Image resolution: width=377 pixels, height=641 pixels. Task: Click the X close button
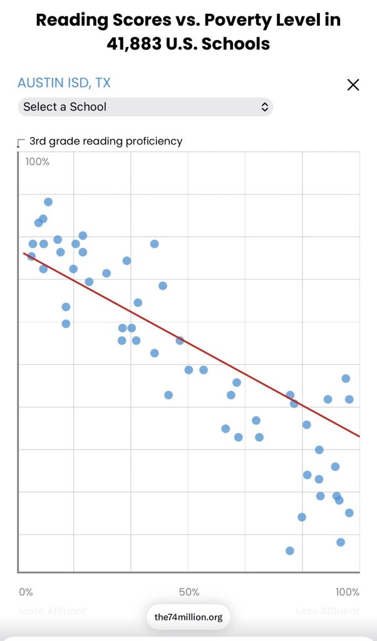click(x=353, y=85)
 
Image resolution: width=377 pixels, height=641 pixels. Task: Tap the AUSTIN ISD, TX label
click(x=64, y=83)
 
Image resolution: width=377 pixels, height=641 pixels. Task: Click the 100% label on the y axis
click(x=37, y=162)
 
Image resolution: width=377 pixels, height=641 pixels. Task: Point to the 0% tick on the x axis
click(x=26, y=592)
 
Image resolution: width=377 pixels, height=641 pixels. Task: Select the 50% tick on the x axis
click(x=189, y=592)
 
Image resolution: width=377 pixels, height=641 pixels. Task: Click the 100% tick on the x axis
click(x=348, y=592)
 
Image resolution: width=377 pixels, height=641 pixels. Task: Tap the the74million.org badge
click(x=189, y=617)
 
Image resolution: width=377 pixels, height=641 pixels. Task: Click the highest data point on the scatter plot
click(x=48, y=202)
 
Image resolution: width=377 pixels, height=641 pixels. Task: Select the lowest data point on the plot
click(x=290, y=551)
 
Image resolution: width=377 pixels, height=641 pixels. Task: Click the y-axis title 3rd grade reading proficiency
click(x=106, y=141)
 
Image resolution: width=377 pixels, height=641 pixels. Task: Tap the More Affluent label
click(x=53, y=611)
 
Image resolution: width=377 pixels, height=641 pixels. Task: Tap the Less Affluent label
click(x=328, y=611)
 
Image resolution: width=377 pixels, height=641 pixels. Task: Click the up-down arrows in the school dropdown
click(x=265, y=107)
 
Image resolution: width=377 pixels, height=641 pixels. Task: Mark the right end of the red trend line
click(x=359, y=436)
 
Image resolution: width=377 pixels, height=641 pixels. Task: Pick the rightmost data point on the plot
click(x=349, y=399)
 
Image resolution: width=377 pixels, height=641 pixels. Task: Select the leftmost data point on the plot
click(x=31, y=257)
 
